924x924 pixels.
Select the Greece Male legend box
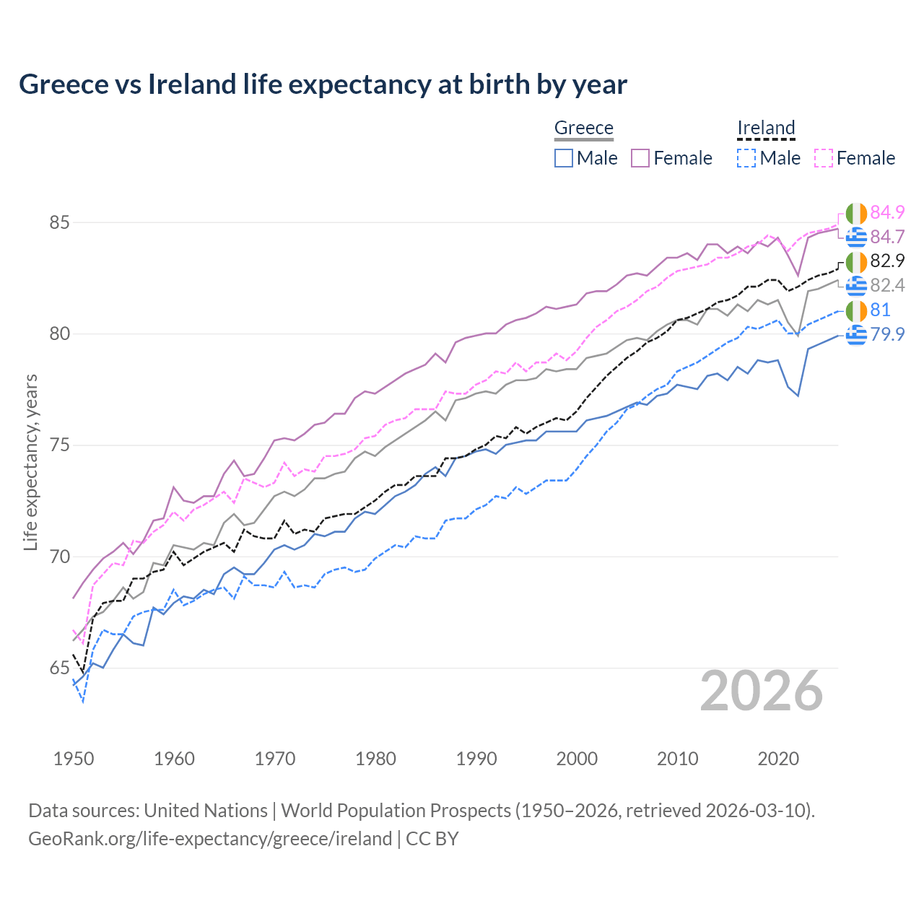tap(564, 158)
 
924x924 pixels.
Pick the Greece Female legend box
tap(640, 158)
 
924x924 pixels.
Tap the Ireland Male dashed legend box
tap(746, 158)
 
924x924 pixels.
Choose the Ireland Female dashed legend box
tap(824, 158)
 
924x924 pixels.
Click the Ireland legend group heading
tap(766, 128)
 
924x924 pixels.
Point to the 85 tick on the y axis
tap(59, 222)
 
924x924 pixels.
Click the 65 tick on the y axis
tap(59, 668)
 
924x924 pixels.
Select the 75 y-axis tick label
tap(59, 445)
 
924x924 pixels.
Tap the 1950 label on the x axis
tap(74, 759)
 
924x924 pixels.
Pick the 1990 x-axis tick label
tap(476, 759)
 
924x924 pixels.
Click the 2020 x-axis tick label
tap(778, 759)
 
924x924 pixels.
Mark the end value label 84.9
tap(887, 212)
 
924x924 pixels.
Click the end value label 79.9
tap(887, 334)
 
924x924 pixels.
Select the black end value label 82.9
tap(887, 261)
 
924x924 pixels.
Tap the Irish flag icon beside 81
tap(856, 310)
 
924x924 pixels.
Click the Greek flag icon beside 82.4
tap(856, 286)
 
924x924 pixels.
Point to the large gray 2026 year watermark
tap(762, 691)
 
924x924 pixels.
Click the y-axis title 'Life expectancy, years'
tap(30, 462)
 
